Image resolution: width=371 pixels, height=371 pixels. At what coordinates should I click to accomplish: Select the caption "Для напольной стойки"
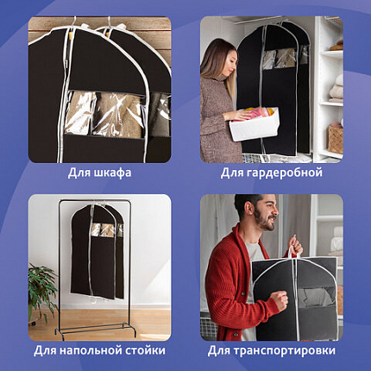99,350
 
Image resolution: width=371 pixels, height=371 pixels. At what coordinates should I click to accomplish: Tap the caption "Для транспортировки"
272,350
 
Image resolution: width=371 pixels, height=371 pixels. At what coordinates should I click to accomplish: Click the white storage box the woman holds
254,123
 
